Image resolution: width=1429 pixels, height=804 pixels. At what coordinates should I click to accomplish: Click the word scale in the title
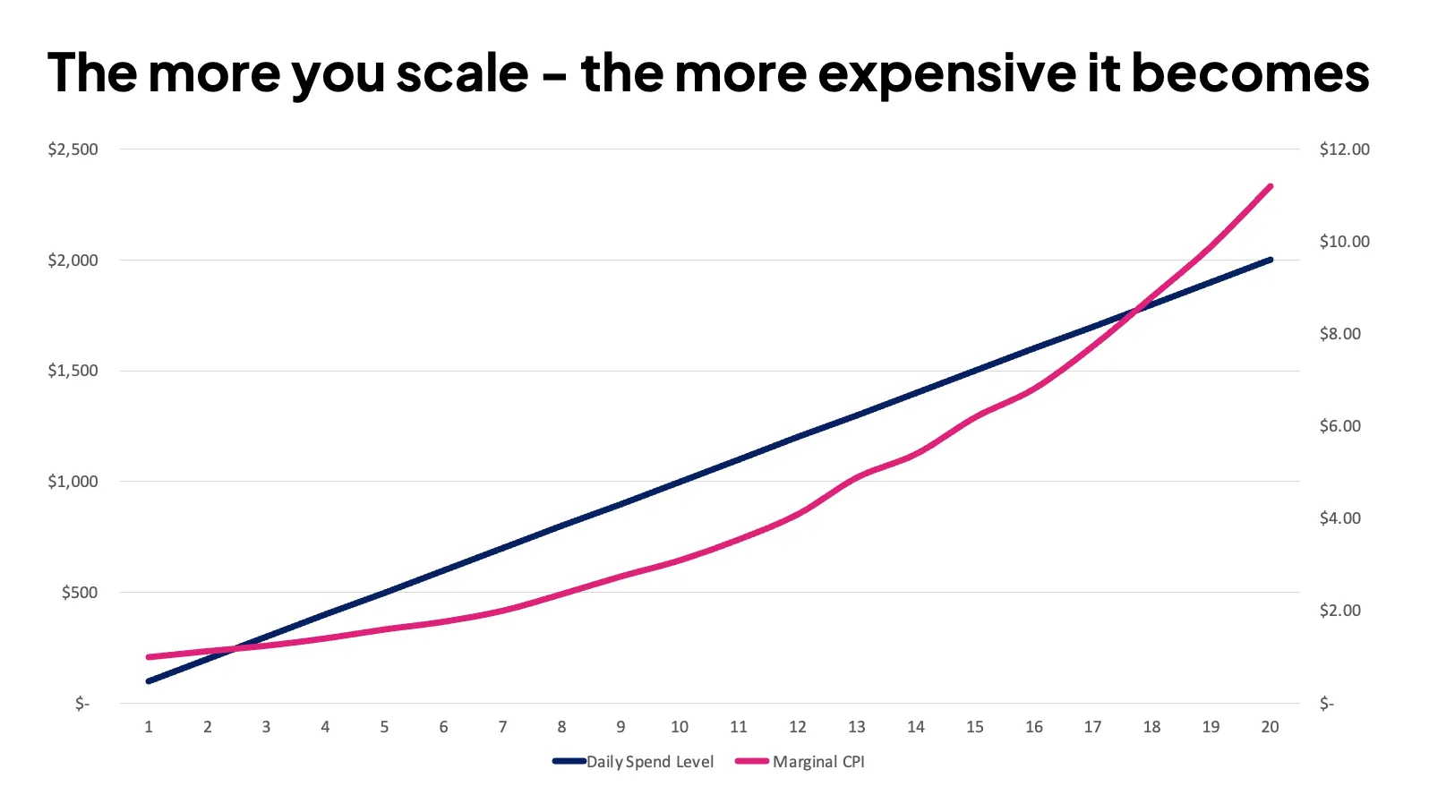point(462,73)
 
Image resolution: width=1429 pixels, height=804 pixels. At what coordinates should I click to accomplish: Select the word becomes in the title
point(1250,73)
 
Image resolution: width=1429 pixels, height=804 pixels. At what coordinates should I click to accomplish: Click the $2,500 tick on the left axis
point(73,150)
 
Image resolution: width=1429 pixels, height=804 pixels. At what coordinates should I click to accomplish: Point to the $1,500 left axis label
point(73,371)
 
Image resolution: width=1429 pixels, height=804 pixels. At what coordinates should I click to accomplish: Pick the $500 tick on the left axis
point(79,593)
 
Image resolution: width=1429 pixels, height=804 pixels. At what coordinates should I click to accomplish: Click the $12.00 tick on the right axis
point(1344,150)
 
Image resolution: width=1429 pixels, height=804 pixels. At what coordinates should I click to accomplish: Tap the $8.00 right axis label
point(1339,334)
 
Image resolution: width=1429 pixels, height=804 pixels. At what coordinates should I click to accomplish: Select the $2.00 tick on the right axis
point(1339,611)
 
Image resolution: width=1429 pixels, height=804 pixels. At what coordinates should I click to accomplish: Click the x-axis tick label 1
point(149,727)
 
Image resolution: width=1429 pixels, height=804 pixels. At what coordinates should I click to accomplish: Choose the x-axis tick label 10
point(680,727)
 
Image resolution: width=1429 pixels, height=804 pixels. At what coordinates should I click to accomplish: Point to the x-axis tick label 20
point(1270,727)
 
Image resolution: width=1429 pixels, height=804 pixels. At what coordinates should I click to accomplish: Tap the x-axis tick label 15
point(975,727)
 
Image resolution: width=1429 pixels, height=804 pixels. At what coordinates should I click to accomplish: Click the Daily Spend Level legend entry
point(634,762)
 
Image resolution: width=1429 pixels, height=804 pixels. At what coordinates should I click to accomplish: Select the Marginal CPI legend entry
point(800,762)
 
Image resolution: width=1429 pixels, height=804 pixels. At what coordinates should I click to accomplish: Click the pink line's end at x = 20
point(1270,186)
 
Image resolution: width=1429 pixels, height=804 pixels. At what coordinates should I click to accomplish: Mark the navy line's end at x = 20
point(1270,260)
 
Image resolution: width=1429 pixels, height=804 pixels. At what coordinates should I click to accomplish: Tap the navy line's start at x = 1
point(149,681)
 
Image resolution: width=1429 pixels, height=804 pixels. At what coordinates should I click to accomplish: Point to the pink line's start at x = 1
point(149,657)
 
